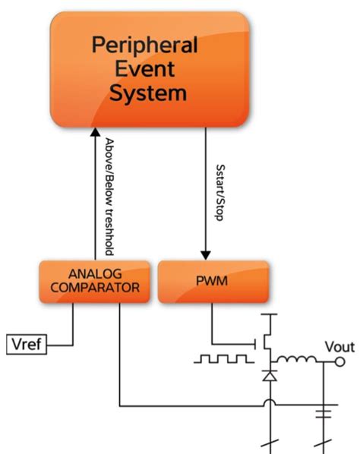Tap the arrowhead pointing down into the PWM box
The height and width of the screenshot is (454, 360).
point(204,254)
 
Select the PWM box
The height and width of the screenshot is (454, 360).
point(213,281)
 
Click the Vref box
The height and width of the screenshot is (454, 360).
point(27,345)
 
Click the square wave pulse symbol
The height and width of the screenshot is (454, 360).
point(221,358)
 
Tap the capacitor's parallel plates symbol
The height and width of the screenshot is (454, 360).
point(327,413)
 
